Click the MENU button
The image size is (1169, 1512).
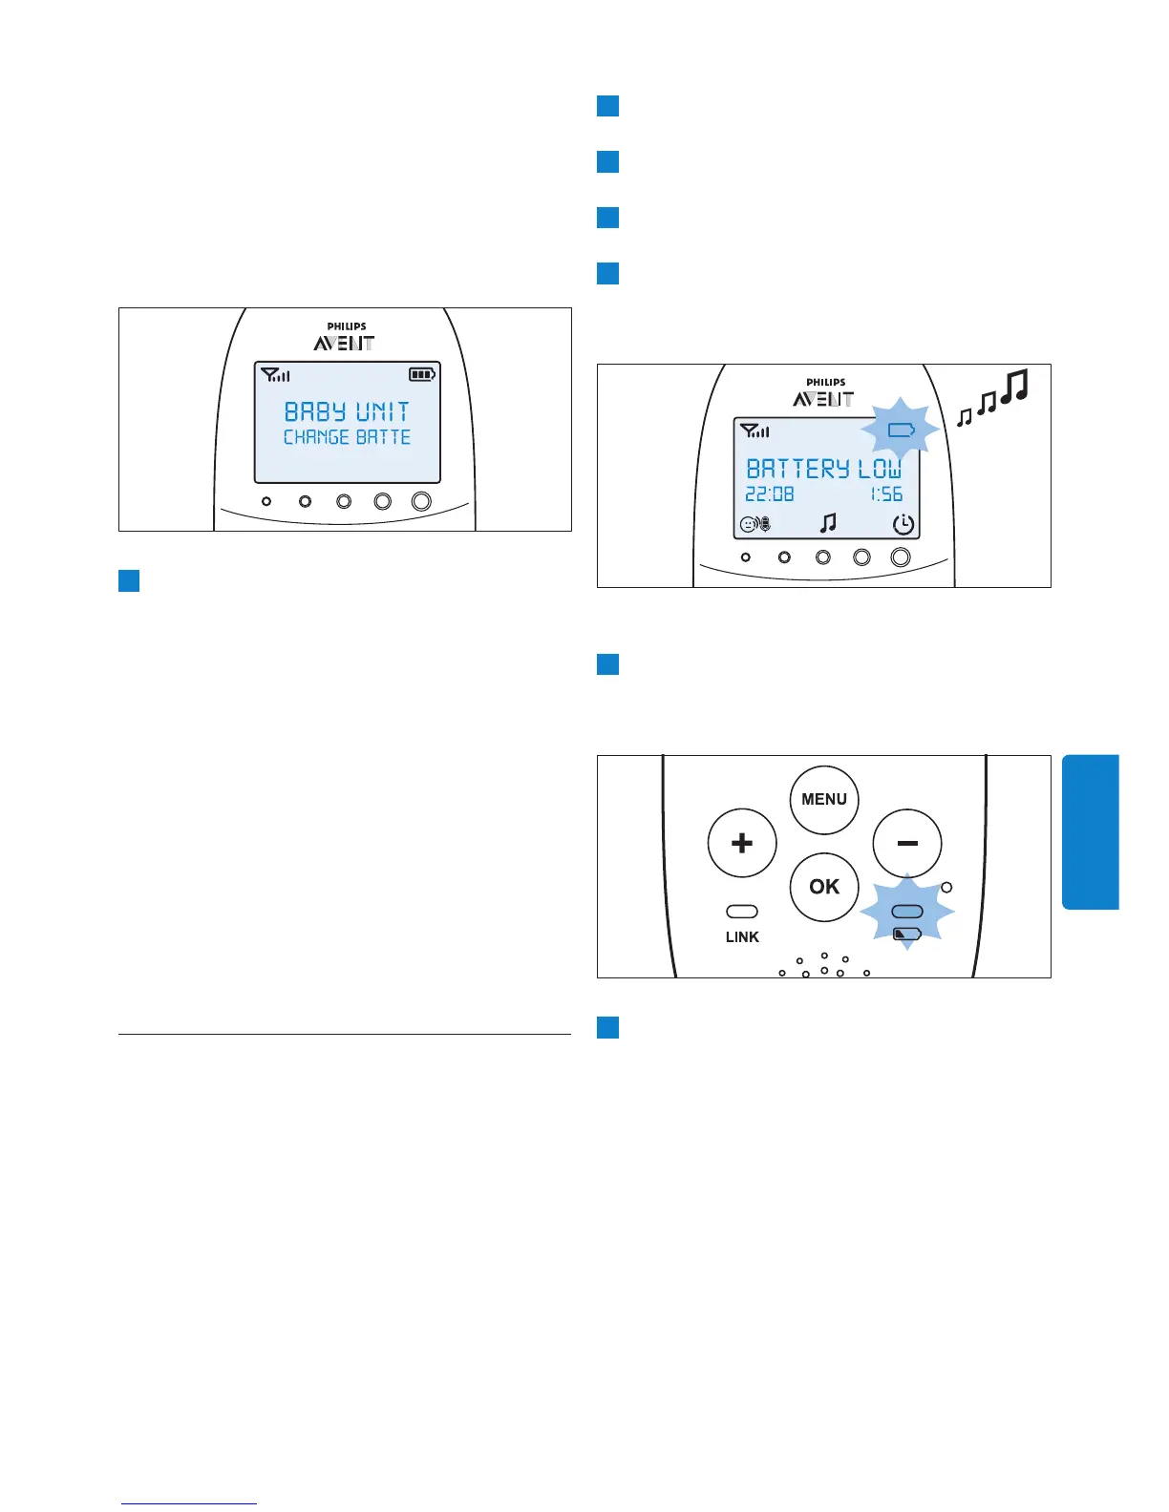click(824, 800)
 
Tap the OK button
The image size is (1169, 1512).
click(824, 887)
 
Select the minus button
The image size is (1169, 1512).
click(907, 844)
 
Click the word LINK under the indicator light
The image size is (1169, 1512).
click(742, 937)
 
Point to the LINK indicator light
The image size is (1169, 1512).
click(742, 912)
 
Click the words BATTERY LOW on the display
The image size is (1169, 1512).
click(823, 469)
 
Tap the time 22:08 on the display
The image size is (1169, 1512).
click(769, 494)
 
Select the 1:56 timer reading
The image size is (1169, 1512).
click(886, 494)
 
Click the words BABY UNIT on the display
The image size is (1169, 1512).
click(347, 412)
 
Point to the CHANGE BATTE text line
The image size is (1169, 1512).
click(347, 437)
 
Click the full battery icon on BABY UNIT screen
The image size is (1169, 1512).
click(421, 375)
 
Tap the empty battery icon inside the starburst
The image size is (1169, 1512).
click(901, 430)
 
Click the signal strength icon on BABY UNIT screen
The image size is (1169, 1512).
click(275, 375)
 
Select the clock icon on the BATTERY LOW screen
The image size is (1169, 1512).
click(903, 524)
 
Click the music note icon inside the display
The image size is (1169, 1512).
click(828, 522)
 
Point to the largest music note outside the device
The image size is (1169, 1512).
click(1017, 386)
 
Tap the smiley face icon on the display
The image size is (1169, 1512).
click(748, 524)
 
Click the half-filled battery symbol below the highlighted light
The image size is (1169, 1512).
click(906, 934)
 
